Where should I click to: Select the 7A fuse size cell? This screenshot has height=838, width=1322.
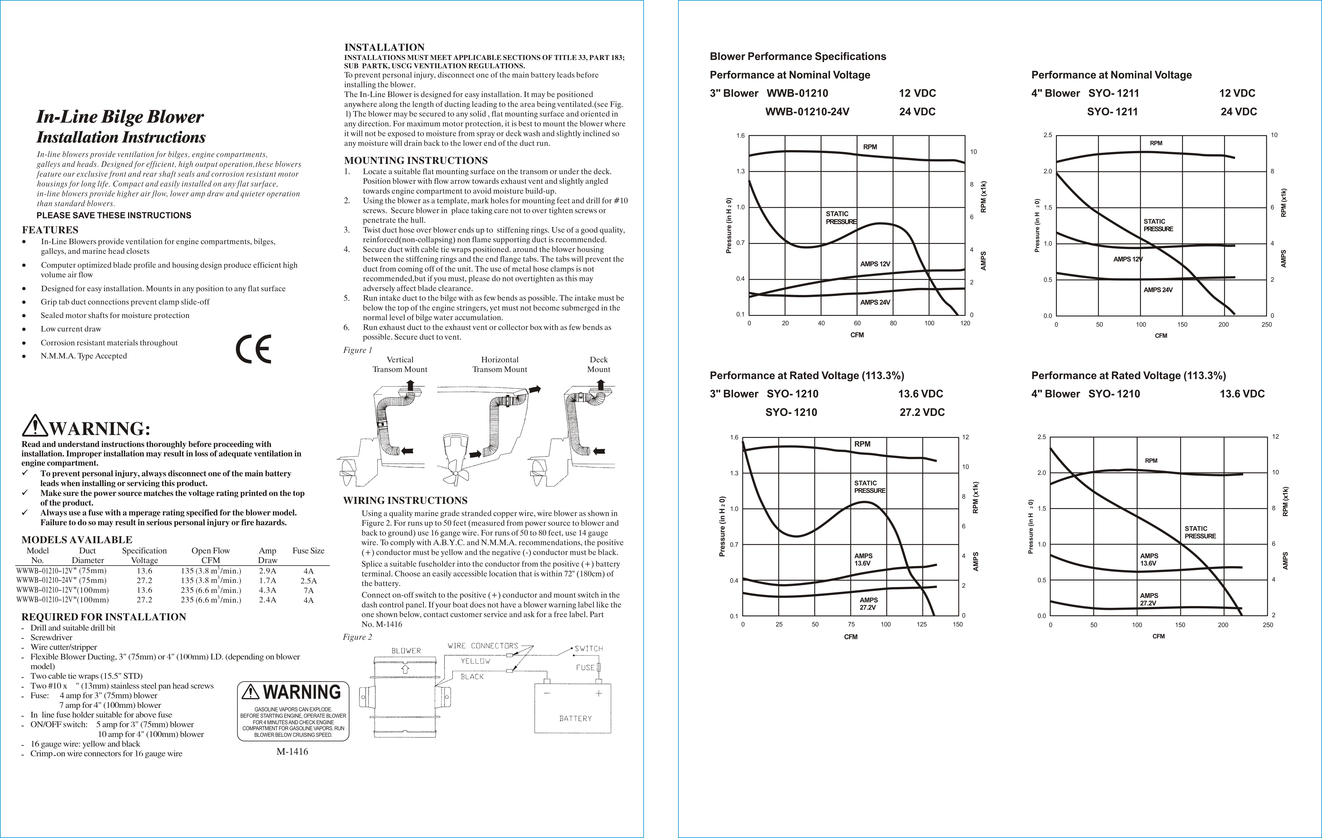308,590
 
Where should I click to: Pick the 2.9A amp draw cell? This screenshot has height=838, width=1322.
267,571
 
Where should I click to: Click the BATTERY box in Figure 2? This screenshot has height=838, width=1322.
573,708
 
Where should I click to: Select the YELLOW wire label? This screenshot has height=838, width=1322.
476,661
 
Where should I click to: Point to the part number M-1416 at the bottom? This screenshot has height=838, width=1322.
292,752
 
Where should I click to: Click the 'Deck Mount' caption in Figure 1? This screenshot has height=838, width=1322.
598,364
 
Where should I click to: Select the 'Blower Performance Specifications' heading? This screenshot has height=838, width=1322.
798,56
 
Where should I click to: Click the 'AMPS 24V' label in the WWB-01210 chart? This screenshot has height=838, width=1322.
875,302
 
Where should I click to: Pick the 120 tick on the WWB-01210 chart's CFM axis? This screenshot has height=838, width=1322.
965,323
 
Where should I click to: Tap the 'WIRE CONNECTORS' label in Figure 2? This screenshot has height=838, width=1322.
483,646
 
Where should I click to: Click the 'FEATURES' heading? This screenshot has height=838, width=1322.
50,230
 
